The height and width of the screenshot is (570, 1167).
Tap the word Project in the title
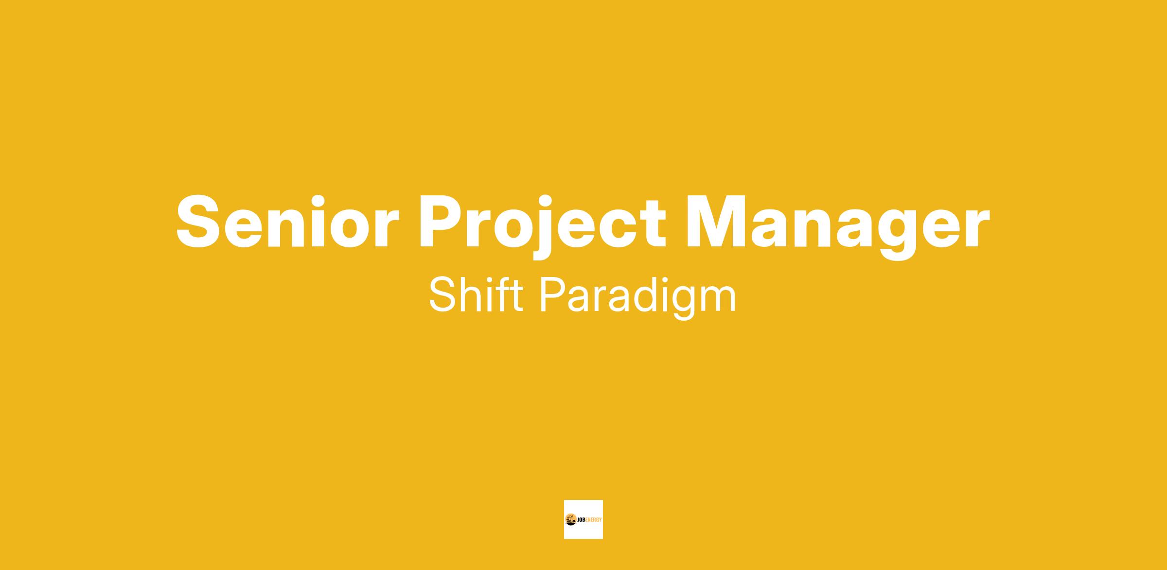pyautogui.click(x=542, y=226)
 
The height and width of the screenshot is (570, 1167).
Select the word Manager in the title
pyautogui.click(x=837, y=226)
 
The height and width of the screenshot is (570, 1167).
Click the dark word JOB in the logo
pyautogui.click(x=582, y=520)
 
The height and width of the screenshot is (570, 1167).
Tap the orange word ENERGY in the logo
pyautogui.click(x=594, y=520)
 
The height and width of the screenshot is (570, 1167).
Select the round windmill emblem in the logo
pyautogui.click(x=571, y=520)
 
